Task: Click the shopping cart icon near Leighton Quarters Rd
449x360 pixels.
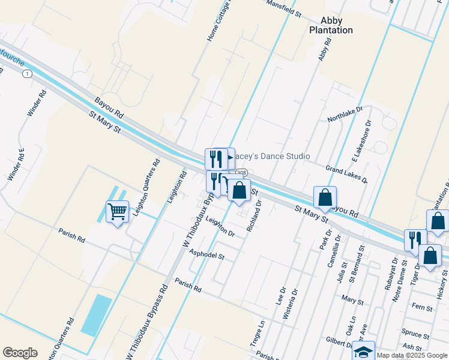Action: click(x=118, y=211)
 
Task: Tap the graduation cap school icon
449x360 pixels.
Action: click(x=363, y=352)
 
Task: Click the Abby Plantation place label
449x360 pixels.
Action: click(x=331, y=25)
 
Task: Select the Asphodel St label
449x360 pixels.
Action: click(x=206, y=256)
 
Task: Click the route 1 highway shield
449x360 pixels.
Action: click(x=27, y=73)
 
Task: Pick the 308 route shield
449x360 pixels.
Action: click(x=241, y=173)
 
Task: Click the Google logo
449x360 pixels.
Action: click(x=20, y=352)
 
